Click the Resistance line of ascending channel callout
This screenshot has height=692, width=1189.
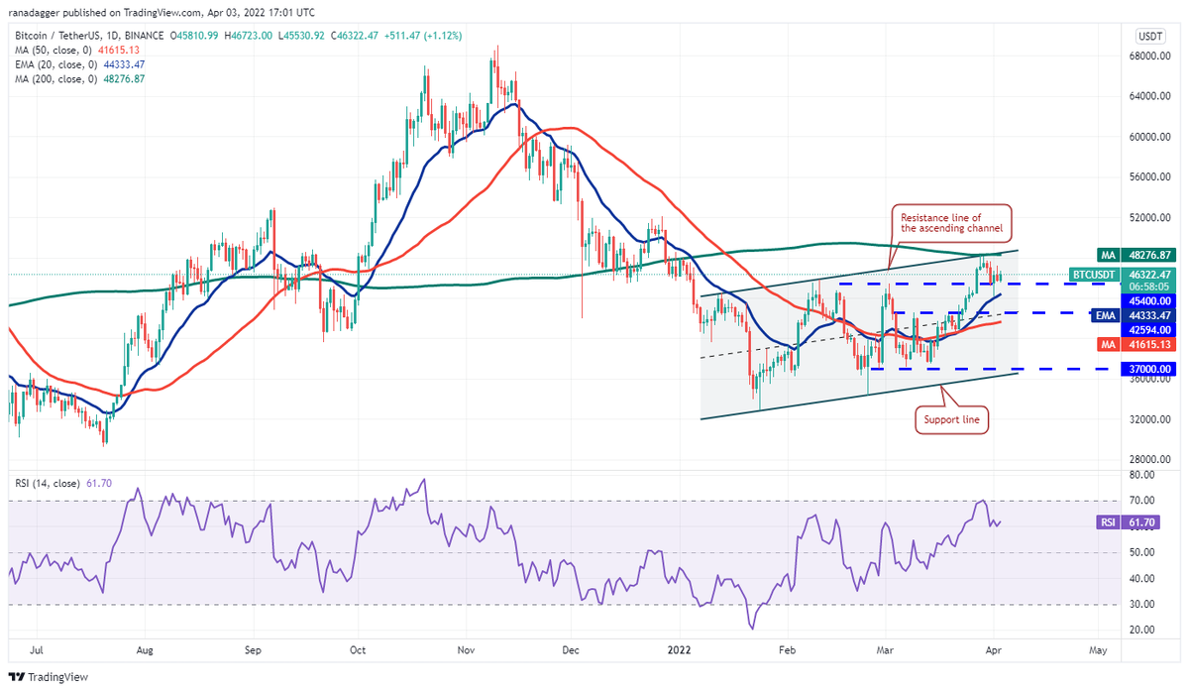tap(952, 222)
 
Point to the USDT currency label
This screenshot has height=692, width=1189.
tap(1150, 36)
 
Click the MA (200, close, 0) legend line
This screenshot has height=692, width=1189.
tap(79, 79)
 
